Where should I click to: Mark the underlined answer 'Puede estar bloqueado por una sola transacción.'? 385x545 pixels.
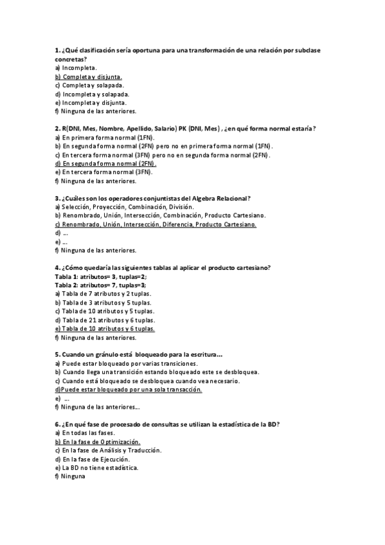pyautogui.click(x=131, y=389)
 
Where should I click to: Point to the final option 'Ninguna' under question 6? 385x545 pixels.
pyautogui.click(x=74, y=476)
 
